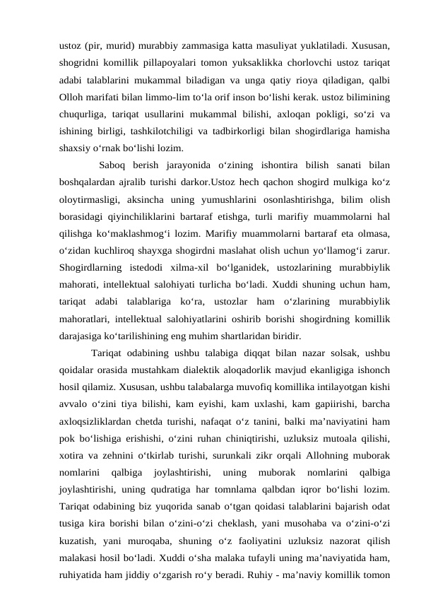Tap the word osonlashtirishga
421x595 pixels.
coord(274,200)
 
